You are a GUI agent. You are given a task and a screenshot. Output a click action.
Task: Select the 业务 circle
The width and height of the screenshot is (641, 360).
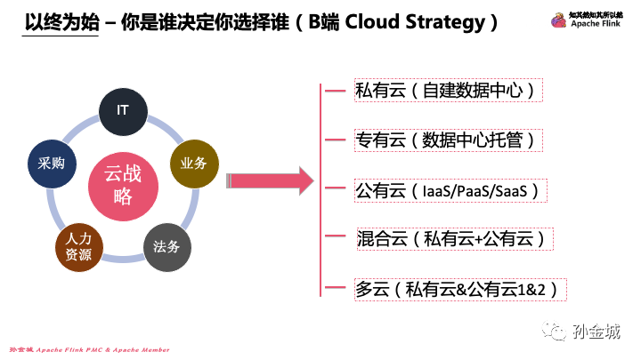[193, 163]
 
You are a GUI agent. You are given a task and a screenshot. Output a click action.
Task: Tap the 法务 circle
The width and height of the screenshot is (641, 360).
[166, 244]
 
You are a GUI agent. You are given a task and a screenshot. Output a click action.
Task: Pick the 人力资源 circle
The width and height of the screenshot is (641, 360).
[78, 246]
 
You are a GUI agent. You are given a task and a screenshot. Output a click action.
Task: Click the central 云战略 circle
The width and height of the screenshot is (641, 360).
[123, 183]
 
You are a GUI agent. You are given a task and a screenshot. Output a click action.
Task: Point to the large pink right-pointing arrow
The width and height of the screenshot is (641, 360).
[270, 182]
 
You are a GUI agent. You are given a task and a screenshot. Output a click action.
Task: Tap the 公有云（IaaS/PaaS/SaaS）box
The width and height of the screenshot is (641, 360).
[450, 190]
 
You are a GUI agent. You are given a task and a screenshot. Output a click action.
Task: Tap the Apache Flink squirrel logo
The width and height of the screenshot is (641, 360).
[558, 20]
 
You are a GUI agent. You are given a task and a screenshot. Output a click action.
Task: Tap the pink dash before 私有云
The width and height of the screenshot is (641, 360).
[336, 90]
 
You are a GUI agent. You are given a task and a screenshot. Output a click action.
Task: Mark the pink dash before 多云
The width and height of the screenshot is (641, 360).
[336, 289]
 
